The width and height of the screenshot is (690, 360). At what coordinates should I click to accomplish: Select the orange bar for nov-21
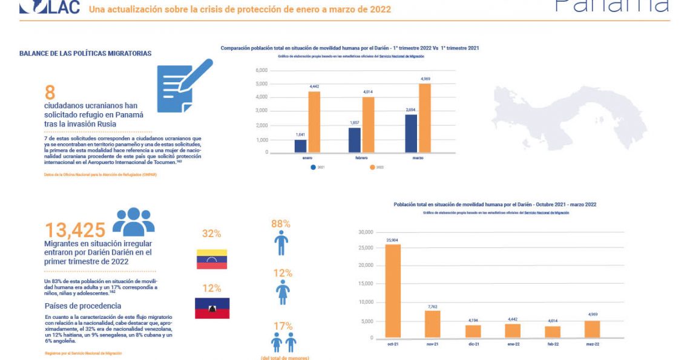432,324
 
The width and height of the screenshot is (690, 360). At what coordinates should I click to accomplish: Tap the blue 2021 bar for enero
300,146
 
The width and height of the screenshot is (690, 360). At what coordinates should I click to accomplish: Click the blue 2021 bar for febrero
355,140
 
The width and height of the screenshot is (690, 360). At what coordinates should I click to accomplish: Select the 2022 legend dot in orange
372,167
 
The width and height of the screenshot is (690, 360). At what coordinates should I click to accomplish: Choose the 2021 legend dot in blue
313,167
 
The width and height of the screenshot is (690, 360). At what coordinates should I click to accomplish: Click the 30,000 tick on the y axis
368,232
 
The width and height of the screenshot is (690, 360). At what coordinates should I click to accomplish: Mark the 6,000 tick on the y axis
261,70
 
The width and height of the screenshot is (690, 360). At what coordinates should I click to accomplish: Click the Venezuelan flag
211,259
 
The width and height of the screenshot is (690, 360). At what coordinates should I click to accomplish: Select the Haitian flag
211,308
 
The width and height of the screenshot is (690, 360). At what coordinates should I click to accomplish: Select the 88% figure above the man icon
281,224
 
